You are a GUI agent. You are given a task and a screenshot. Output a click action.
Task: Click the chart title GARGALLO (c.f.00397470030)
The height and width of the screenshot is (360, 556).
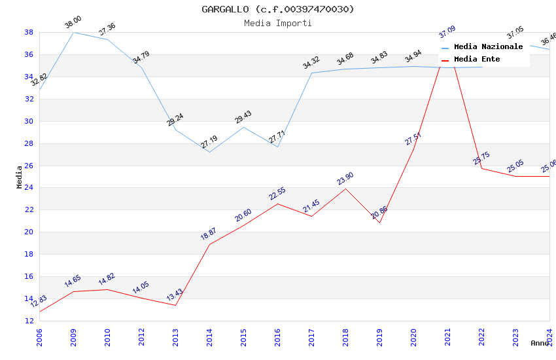pos(277,9)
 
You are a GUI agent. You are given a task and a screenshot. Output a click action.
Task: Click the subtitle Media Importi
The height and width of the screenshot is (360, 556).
pos(277,23)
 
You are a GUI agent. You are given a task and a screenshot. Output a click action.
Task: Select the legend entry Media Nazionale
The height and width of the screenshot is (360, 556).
pos(488,47)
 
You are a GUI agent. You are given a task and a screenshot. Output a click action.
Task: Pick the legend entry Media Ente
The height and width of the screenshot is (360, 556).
pos(477,60)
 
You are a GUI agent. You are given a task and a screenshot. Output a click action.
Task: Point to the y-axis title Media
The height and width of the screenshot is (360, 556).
pos(20,177)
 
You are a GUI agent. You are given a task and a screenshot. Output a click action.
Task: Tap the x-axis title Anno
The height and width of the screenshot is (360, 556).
pos(540,343)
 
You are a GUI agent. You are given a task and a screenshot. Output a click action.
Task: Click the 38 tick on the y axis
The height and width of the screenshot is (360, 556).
pos(29,32)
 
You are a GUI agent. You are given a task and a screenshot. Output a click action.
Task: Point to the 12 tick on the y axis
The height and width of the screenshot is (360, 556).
pos(29,321)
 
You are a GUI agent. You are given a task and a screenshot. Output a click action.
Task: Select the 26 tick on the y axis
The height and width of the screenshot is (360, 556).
pos(29,166)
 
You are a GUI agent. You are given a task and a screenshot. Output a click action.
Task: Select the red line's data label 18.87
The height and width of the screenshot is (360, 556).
pos(208,234)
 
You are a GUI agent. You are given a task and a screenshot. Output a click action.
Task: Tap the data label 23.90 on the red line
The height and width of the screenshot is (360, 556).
pos(345,179)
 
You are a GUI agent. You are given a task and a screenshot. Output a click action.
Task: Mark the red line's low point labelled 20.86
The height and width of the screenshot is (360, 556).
pos(379,223)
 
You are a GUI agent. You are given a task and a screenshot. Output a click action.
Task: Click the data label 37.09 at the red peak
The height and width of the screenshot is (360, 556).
pos(447,32)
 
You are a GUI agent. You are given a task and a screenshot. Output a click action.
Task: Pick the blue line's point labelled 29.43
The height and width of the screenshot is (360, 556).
pos(243,127)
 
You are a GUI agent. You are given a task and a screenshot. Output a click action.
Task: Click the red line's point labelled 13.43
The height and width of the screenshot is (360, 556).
pos(175,305)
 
